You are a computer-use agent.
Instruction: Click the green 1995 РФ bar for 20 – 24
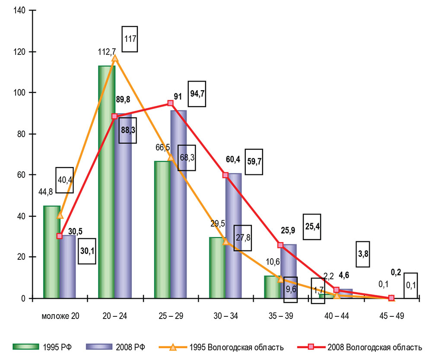106,181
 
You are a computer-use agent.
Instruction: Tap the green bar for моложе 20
51,253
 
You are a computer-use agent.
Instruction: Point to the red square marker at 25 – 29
171,103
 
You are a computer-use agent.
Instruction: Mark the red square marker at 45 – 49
391,298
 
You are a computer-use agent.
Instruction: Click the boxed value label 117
130,39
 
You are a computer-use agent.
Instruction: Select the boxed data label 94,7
197,94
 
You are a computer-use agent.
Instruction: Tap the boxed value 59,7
254,162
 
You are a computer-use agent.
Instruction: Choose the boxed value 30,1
87,251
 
